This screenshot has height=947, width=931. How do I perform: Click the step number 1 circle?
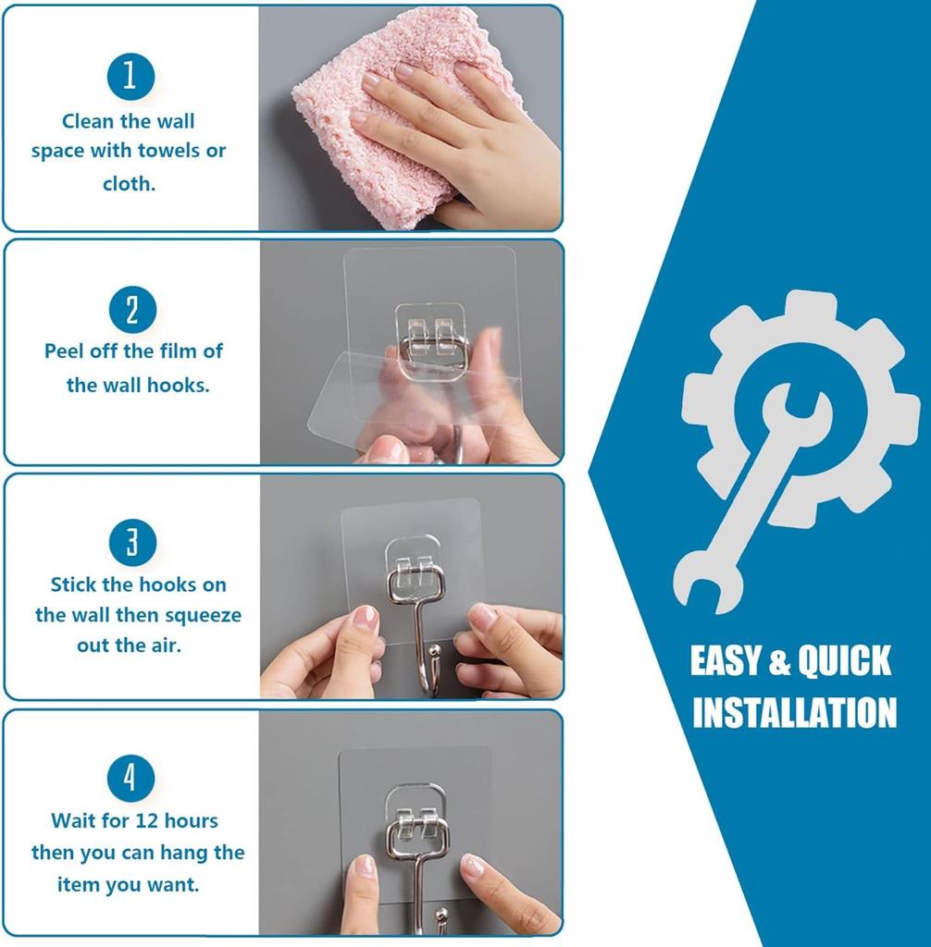pyautogui.click(x=130, y=76)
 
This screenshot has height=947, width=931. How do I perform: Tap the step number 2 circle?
pyautogui.click(x=131, y=309)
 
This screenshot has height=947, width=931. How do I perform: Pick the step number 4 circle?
pyautogui.click(x=130, y=779)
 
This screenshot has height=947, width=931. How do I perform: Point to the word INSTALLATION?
pyautogui.click(x=794, y=713)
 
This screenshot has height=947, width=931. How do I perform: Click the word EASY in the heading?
pyautogui.click(x=726, y=661)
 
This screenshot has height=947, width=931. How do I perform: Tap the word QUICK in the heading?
pyautogui.click(x=844, y=661)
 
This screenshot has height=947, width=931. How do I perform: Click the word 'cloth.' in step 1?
pyautogui.click(x=129, y=183)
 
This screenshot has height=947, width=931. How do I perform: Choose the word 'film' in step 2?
pyautogui.click(x=180, y=351)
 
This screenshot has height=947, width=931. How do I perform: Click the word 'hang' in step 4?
pyautogui.click(x=186, y=852)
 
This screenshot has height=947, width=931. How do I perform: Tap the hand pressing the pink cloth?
pyautogui.click(x=463, y=139)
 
